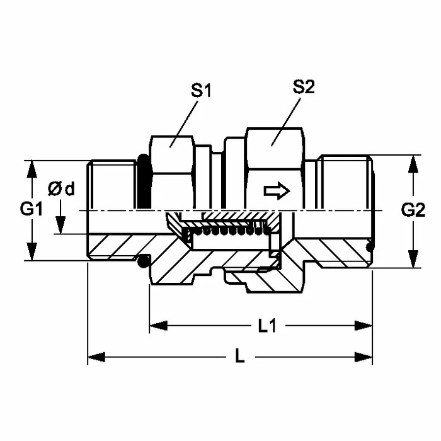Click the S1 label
tap(201, 91)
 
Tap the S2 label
tap(304, 88)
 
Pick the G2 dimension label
tap(413, 210)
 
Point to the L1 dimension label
tap(268, 326)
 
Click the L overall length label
tap(239, 357)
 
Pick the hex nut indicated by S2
tap(275, 167)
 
